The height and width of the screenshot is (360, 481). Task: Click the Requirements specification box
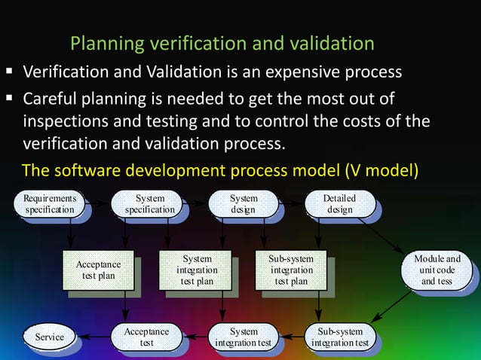pos(49,204)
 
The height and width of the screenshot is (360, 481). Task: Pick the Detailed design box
pos(339,204)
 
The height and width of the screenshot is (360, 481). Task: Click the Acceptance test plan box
pos(98,270)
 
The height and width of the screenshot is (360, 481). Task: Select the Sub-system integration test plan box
pos(291,270)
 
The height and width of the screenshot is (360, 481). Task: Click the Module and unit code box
pos(437,270)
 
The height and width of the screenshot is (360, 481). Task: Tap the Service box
pos(47,337)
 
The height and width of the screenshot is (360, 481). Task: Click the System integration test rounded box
pos(244,337)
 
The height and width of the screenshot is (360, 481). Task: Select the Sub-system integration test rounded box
pos(340,337)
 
